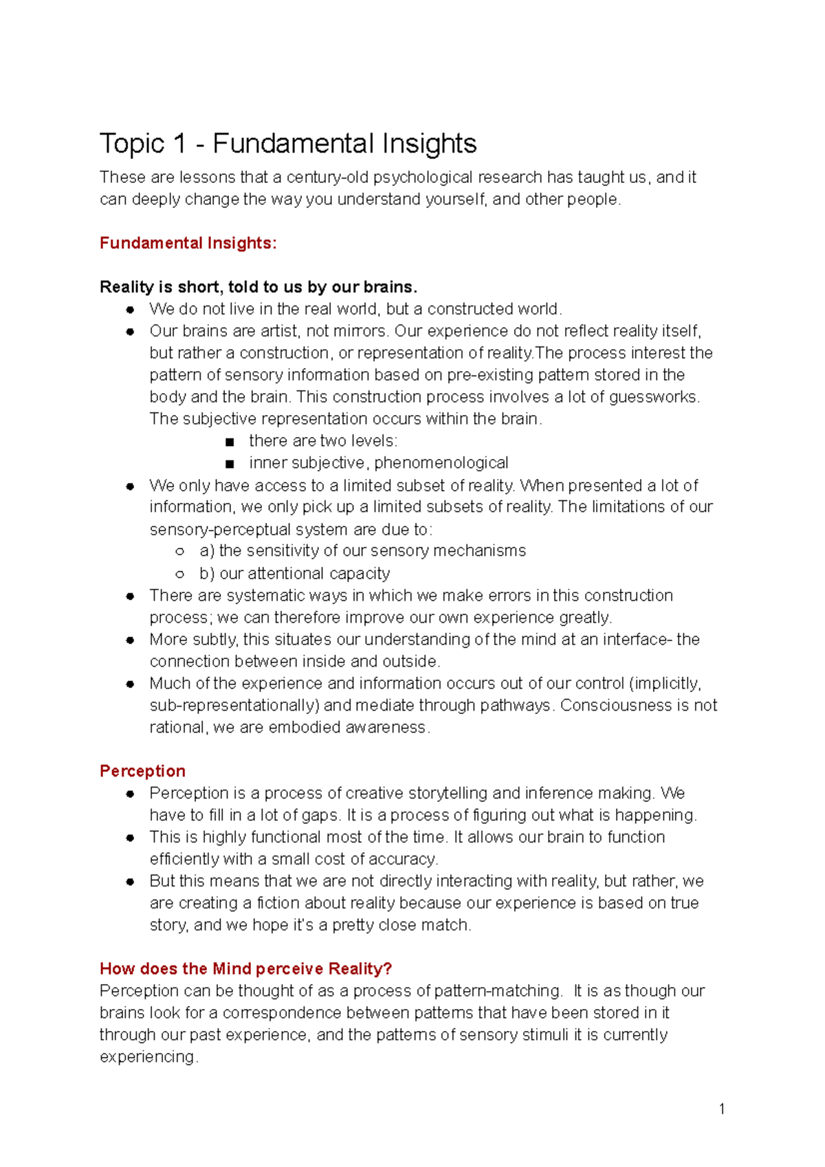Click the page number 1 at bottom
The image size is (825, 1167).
click(721, 1109)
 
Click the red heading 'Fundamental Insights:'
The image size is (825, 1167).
click(188, 243)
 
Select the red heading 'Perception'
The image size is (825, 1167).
click(142, 771)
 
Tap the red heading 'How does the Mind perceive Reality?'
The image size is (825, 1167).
click(245, 969)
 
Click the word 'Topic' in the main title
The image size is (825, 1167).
click(132, 144)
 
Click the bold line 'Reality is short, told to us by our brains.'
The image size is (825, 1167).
click(258, 287)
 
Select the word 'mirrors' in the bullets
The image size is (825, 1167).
click(363, 331)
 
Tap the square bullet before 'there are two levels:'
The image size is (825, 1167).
click(230, 441)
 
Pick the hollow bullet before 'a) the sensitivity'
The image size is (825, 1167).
click(180, 551)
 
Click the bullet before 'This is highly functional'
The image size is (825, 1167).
click(130, 838)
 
